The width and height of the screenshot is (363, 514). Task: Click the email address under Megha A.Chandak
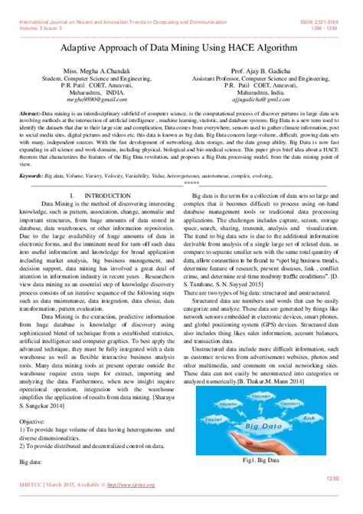coord(91,99)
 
